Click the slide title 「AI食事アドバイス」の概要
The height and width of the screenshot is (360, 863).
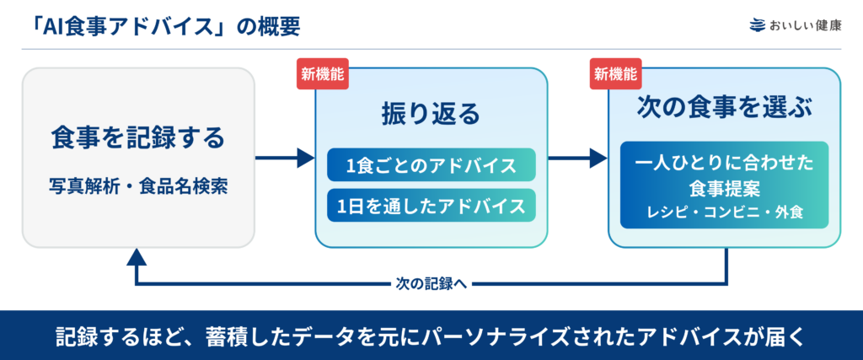[163, 26]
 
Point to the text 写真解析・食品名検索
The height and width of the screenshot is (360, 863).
[138, 186]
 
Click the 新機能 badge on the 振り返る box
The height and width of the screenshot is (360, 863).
[323, 73]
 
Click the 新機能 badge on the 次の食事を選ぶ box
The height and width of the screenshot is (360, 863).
[616, 73]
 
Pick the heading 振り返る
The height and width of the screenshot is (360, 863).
[431, 115]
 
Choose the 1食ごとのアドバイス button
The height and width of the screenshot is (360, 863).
[431, 164]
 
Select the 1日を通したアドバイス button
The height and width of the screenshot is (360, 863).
[431, 206]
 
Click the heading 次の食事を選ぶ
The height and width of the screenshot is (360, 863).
[724, 108]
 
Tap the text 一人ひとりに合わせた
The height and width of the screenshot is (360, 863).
[724, 164]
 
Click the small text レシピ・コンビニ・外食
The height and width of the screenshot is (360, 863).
[724, 212]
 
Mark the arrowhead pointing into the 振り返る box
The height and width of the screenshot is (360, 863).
[306, 159]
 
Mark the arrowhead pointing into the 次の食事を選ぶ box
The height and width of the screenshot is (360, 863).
[599, 159]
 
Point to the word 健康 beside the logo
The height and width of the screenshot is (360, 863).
[829, 26]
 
